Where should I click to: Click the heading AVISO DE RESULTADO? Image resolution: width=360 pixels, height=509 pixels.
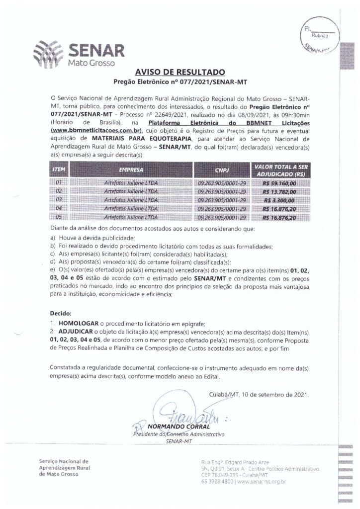180,72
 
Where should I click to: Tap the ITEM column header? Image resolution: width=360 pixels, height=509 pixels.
58,170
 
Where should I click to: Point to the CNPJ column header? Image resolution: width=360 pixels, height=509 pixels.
222,170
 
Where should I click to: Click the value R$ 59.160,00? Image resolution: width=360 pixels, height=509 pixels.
279,183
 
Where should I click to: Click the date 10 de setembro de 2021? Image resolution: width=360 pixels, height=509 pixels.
275,396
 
